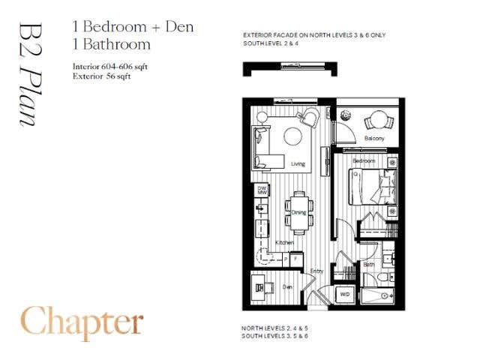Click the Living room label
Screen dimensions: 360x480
(298, 163)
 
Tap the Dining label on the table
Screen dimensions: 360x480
(298, 212)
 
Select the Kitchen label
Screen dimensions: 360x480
(283, 243)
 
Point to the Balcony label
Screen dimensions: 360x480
(374, 139)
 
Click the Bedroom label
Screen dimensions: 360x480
(364, 161)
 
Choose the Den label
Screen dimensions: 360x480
(286, 286)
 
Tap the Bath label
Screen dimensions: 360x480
(369, 264)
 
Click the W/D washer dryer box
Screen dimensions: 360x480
(345, 294)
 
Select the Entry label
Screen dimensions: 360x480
(316, 271)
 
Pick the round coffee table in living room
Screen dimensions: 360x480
(292, 136)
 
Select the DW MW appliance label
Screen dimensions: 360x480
(262, 190)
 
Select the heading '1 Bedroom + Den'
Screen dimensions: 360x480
(133, 27)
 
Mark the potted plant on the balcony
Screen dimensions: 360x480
(346, 115)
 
